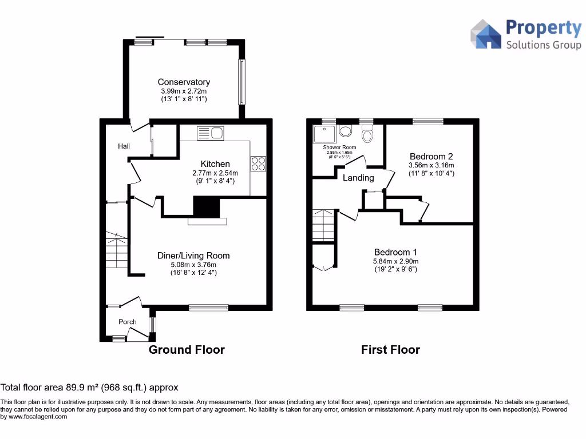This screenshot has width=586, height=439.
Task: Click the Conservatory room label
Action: point(184,82)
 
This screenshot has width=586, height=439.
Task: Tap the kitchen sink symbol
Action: point(210,133)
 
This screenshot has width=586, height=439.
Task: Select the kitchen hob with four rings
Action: point(258,163)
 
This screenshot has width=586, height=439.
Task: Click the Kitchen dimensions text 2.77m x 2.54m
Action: point(215,173)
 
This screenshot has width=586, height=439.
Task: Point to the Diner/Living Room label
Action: point(193,256)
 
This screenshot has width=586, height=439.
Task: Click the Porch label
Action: point(128,322)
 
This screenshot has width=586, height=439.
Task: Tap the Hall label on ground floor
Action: point(124,146)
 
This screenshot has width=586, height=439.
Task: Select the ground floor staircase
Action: point(117,252)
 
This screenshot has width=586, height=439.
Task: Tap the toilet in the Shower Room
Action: point(368,135)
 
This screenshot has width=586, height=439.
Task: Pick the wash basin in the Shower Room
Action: point(346,131)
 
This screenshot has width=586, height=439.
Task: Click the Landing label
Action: point(358,178)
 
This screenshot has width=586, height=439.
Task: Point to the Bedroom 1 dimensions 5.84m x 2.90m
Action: point(395,261)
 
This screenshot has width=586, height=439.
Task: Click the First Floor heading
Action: point(390,350)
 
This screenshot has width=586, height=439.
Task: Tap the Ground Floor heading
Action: point(187,350)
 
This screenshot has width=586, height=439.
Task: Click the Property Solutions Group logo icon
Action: point(485,34)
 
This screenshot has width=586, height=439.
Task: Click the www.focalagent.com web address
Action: point(37,417)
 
